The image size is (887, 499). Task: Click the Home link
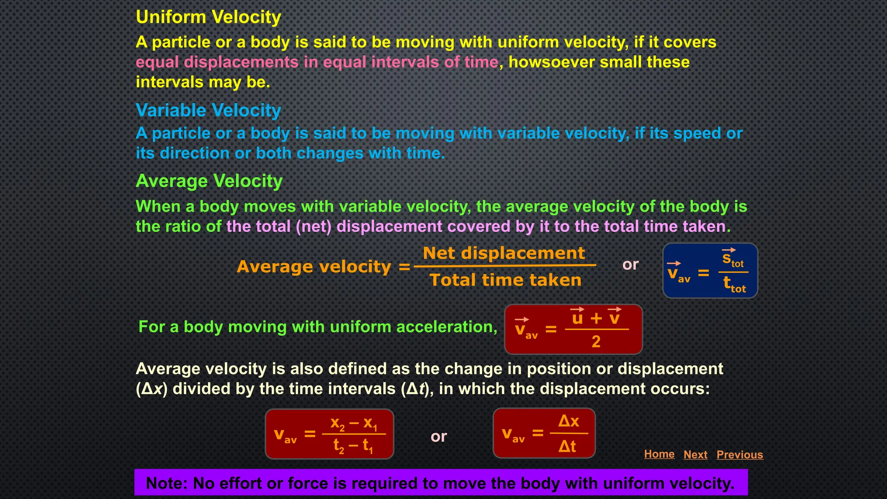(x=659, y=454)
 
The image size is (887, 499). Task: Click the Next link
(x=695, y=454)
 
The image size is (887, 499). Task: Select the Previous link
(x=739, y=454)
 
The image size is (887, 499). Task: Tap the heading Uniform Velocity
(x=208, y=17)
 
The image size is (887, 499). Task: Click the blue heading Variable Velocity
(x=208, y=110)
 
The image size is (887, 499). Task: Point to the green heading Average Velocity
(x=209, y=181)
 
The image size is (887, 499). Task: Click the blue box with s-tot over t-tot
(x=710, y=271)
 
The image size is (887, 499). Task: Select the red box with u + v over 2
(x=573, y=329)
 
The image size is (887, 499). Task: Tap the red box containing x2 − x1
(x=329, y=434)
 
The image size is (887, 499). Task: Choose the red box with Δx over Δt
(x=544, y=433)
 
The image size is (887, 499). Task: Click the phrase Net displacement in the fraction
(x=504, y=253)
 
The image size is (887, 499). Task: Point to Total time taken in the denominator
(x=505, y=280)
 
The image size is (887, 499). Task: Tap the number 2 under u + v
(x=596, y=342)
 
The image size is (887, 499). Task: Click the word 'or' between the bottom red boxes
(x=438, y=437)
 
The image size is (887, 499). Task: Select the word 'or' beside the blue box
(x=630, y=265)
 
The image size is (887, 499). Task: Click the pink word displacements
(x=241, y=62)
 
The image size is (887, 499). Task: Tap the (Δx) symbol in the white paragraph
(x=152, y=389)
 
